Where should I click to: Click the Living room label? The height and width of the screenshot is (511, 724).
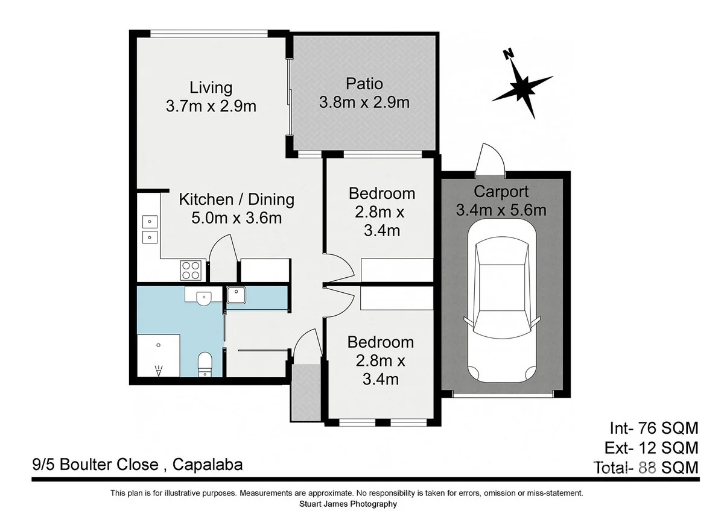point(211,88)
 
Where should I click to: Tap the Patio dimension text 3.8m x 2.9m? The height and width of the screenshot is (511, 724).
point(364,102)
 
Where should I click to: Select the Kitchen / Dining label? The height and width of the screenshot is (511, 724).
point(237,199)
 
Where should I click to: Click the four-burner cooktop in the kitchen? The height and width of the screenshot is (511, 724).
point(191,270)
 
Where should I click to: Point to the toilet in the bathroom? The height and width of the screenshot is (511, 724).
point(205,365)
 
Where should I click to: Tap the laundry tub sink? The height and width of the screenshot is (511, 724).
point(237,295)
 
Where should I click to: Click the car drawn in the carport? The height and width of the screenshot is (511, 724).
point(502,301)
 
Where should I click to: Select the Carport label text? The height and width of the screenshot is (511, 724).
point(501,192)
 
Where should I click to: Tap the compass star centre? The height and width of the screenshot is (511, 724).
point(521,87)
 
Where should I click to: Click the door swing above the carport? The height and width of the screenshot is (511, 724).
point(490,160)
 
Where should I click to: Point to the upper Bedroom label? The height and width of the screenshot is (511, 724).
point(382,193)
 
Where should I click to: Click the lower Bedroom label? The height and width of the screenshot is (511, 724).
point(381,342)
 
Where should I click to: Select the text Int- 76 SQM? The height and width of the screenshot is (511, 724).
point(654,428)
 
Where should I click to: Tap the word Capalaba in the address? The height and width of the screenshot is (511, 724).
point(208,465)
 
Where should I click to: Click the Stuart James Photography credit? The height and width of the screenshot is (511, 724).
point(348,504)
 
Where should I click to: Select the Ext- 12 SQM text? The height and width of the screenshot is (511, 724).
point(651,448)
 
